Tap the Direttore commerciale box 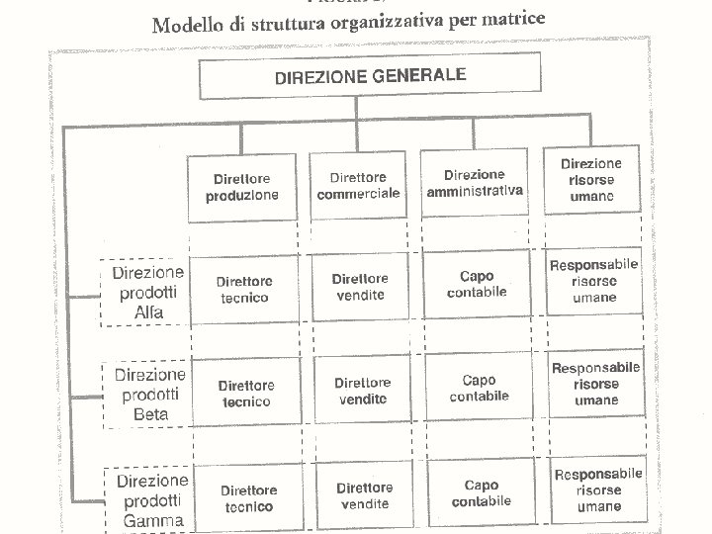[x=359, y=185]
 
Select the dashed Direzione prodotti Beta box [x=149, y=395]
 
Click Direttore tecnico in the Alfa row [x=244, y=289]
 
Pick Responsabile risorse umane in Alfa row [x=593, y=281]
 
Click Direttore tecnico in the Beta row [x=245, y=393]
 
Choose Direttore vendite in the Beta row [x=362, y=391]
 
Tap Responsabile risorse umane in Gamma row [x=596, y=489]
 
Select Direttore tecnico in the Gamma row [x=247, y=498]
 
